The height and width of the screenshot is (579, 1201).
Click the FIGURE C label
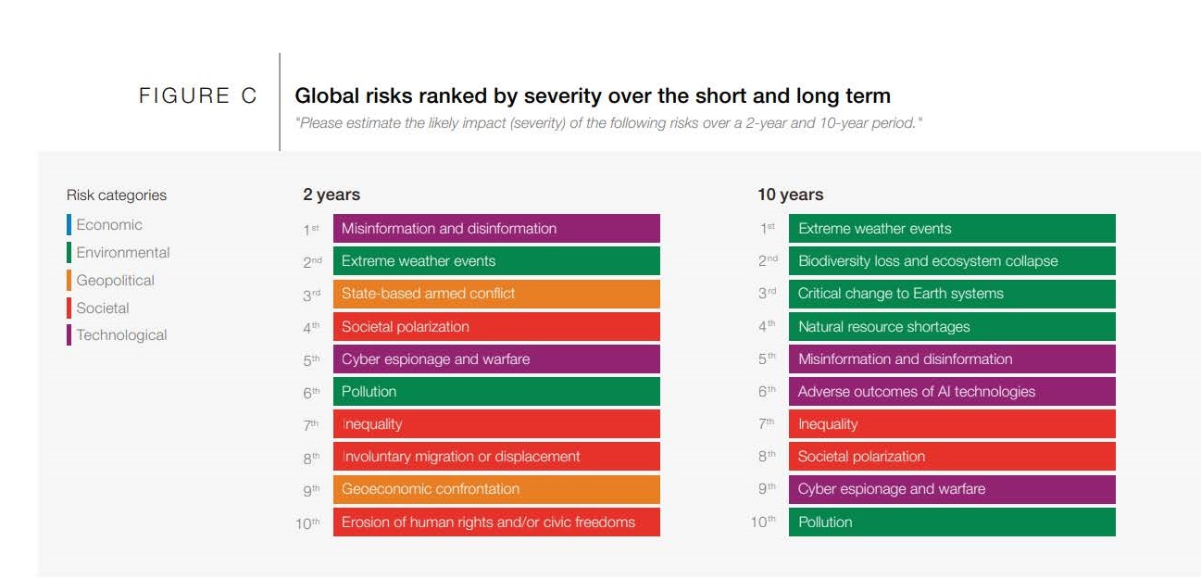pyautogui.click(x=197, y=95)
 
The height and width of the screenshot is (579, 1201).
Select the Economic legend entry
pyautogui.click(x=108, y=225)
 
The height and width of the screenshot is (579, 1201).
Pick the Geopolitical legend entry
pyautogui.click(x=115, y=281)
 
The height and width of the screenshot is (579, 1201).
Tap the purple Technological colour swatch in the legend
pyautogui.click(x=69, y=335)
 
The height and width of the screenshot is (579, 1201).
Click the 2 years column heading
pyautogui.click(x=332, y=195)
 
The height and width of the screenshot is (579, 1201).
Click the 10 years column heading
pyautogui.click(x=790, y=195)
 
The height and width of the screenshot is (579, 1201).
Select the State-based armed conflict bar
pyautogui.click(x=496, y=294)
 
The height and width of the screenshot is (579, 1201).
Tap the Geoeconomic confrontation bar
pyautogui.click(x=496, y=489)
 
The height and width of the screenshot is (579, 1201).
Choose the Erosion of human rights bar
pyautogui.click(x=496, y=522)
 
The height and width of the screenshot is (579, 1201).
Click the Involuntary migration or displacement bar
pyautogui.click(x=496, y=457)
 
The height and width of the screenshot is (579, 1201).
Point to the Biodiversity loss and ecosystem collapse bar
pyautogui.click(x=952, y=261)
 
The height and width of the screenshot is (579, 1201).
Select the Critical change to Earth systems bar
pyautogui.click(x=952, y=294)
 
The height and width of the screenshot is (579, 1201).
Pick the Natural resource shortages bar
pyautogui.click(x=952, y=326)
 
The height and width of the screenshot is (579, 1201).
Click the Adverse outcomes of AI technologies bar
pyautogui.click(x=952, y=392)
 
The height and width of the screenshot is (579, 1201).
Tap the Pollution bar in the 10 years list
pyautogui.click(x=952, y=522)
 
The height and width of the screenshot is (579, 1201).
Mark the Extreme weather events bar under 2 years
pyautogui.click(x=496, y=261)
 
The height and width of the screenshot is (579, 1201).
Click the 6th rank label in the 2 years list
pyautogui.click(x=311, y=392)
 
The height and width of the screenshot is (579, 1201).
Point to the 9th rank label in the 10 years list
pyautogui.click(x=767, y=489)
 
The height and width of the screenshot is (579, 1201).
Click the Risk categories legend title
pyautogui.click(x=117, y=195)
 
